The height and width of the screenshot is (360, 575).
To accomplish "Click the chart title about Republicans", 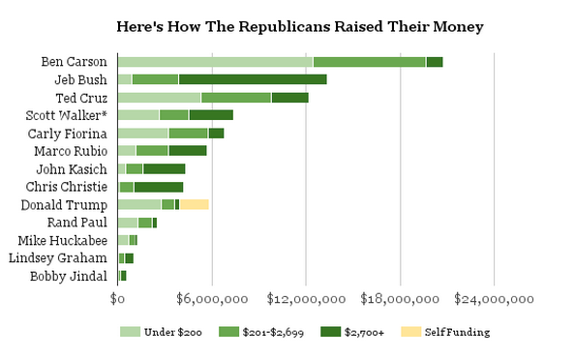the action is tap(300, 27).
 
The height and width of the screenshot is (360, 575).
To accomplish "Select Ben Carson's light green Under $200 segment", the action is tap(215, 62).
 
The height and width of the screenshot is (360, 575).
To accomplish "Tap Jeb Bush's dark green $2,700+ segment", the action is tap(253, 79).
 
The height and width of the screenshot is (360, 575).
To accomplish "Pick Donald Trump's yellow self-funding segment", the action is tap(195, 204).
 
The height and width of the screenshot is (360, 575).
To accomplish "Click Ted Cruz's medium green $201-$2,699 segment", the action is tap(236, 98).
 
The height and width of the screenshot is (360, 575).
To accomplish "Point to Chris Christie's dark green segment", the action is tap(159, 187).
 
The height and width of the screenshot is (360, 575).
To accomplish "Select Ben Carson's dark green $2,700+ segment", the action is tap(435, 62).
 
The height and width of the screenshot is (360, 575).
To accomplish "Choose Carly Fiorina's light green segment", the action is tap(143, 134).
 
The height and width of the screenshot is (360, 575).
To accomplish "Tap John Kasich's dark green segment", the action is tap(165, 169).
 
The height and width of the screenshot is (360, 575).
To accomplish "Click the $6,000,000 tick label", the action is tap(212, 299).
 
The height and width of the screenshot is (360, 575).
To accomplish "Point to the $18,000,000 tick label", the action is tap(400, 299).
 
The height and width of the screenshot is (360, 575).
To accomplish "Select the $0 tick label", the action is tap(117, 299).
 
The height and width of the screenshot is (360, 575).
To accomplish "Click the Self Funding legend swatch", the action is tap(410, 332).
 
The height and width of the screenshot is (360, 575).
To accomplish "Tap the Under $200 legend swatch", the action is tap(130, 332).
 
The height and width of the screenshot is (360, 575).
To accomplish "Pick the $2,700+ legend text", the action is tap(364, 332).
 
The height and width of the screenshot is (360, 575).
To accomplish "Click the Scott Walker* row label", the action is tap(67, 115).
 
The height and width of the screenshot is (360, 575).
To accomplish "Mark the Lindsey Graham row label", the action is tap(58, 258).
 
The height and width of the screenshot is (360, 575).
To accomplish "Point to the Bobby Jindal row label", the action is tap(69, 277).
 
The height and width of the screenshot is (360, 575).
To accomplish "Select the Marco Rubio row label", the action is tap(71, 151).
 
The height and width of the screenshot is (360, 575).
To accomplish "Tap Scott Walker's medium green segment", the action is tap(174, 115).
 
